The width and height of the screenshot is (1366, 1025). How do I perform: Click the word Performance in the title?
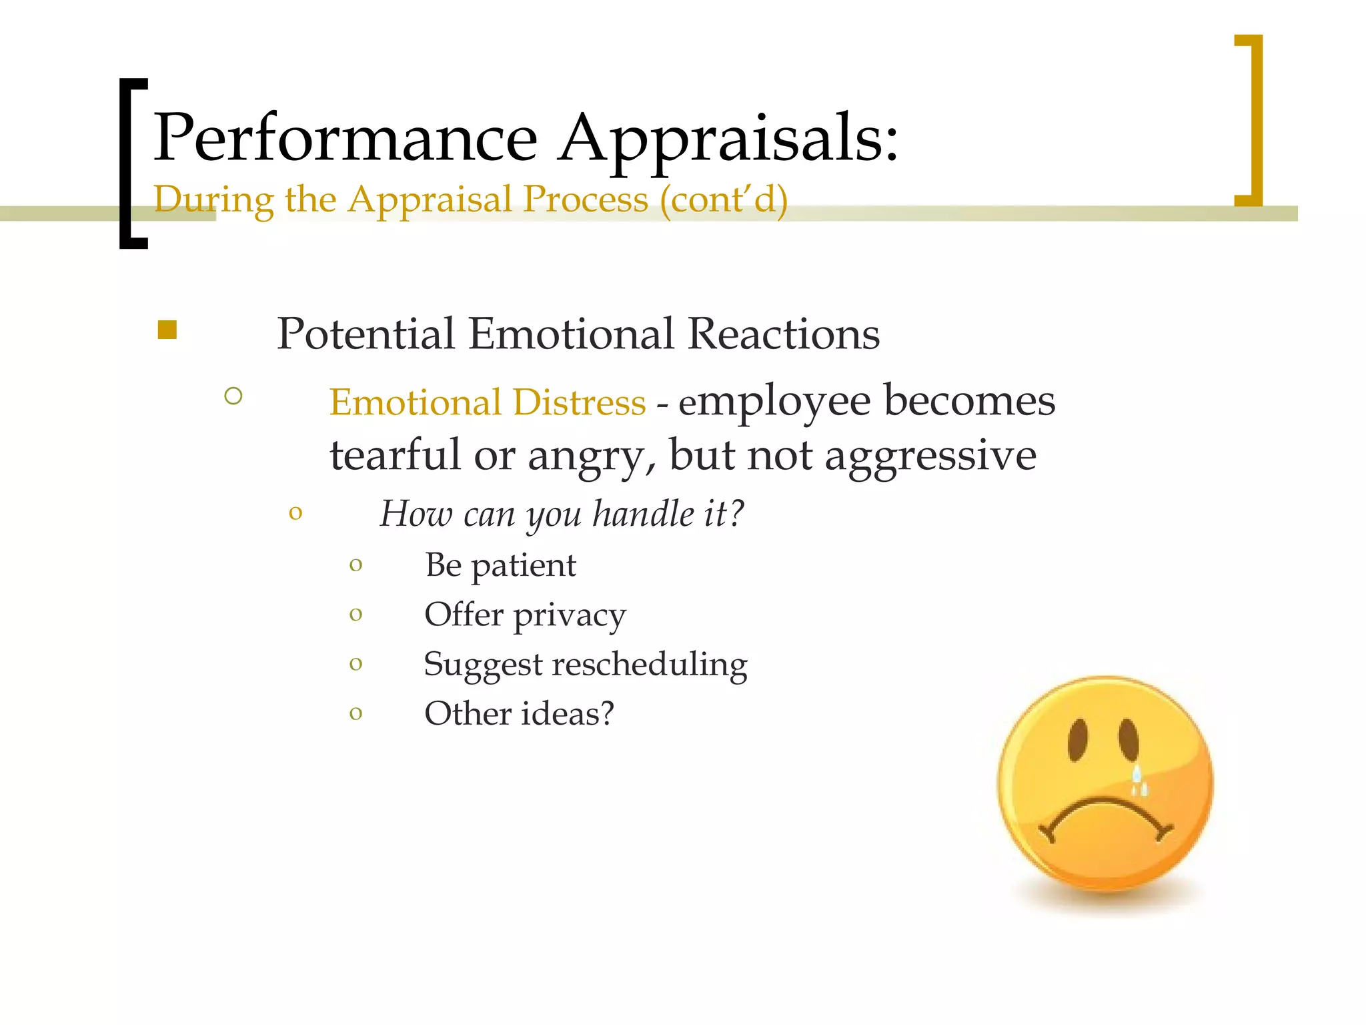click(x=346, y=137)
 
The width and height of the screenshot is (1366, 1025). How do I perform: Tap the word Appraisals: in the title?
click(x=728, y=139)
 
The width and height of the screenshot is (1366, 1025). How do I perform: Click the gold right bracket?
click(x=1253, y=120)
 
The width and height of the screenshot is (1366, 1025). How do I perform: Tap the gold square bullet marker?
click(x=167, y=330)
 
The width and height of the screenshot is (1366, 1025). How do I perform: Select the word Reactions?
click(x=783, y=334)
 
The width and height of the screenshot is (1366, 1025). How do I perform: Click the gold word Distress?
click(x=579, y=402)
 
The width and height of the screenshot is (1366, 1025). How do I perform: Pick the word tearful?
click(x=396, y=455)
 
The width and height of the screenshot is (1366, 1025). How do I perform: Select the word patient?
click(x=524, y=566)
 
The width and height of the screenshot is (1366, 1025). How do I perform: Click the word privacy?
click(x=570, y=615)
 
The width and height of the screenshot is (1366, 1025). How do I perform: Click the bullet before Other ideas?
click(x=356, y=713)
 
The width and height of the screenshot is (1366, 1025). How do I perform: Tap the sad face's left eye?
click(x=1078, y=739)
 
